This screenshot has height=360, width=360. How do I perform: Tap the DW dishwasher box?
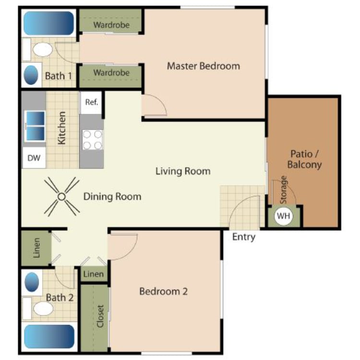[x=34, y=158]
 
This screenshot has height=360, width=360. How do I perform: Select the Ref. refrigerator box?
[x=91, y=102]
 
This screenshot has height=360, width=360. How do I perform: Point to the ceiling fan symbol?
[x=61, y=196]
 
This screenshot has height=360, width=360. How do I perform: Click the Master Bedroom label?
[x=203, y=66]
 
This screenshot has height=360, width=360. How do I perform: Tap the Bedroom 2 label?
[x=163, y=291]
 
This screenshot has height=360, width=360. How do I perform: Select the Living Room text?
[x=182, y=171]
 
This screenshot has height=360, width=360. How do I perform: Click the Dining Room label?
[x=112, y=196]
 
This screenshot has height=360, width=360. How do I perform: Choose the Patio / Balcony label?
[x=304, y=159]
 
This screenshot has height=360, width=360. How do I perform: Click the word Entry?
[x=244, y=237]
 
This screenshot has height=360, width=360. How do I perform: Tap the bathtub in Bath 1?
[x=48, y=23]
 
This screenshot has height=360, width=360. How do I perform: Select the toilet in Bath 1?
[x=43, y=49]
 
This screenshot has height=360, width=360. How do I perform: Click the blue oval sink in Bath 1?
[x=31, y=75]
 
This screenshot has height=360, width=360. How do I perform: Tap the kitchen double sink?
[x=35, y=126]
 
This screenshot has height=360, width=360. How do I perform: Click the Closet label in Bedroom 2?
[x=100, y=316]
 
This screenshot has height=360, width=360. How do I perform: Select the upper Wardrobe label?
[x=111, y=24]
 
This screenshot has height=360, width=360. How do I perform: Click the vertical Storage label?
[x=284, y=188]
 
